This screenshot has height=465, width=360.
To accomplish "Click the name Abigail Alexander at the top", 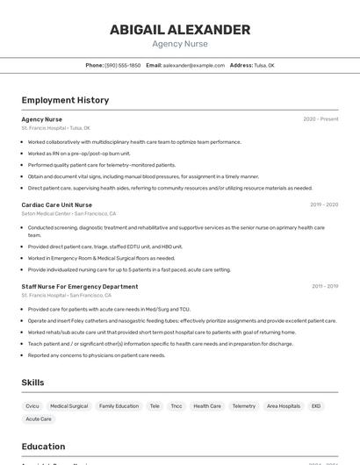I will point(179,30).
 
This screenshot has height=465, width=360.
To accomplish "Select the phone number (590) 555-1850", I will point(122,65).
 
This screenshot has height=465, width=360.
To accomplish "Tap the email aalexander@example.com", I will point(193,65).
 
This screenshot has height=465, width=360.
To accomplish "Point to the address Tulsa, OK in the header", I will point(264,65).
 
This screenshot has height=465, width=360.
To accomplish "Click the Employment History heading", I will point(65,100).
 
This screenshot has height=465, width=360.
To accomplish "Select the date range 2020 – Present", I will point(320,119).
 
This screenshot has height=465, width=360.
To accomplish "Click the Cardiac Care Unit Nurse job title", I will point(57,204).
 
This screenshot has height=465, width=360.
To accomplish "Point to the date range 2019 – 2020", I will point(324,204).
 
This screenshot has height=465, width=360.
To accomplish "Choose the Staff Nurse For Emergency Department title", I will point(80,286).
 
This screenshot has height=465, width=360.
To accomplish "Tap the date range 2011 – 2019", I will point(324,286).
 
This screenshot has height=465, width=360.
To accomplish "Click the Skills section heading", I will point(33,383).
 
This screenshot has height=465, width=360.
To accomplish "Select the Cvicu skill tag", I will point(32,406).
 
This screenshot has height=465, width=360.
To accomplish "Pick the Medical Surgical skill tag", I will point(68,406).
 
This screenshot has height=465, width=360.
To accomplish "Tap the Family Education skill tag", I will point(119,406).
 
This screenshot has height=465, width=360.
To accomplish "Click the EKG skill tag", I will point(316,406).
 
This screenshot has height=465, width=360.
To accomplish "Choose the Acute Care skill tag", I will point(39,419).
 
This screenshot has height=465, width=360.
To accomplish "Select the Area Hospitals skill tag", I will point(284,406).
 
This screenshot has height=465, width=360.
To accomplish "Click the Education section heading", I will point(43,447).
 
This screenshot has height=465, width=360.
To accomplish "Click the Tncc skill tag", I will point(176,406).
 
